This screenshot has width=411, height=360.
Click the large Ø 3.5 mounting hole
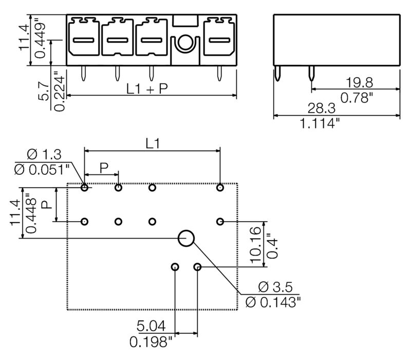pyautogui.click(x=186, y=238)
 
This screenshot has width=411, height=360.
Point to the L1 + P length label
pyautogui.click(x=147, y=88)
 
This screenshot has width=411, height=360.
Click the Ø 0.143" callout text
pyautogui.click(x=273, y=302)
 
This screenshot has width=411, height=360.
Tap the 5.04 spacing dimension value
pyautogui.click(x=151, y=326)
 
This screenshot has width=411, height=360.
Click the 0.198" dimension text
pyautogui.click(x=151, y=341)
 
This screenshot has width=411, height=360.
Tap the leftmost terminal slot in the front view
pyautogui.click(x=84, y=40)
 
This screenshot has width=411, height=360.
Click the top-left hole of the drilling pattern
pyautogui.click(x=84, y=188)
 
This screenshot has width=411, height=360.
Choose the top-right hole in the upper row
pyautogui.click(x=220, y=188)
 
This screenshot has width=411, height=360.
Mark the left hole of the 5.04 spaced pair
pyautogui.click(x=175, y=267)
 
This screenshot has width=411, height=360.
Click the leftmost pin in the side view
pyautogui.click(x=278, y=74)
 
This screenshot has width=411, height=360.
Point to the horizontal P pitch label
pyautogui.click(x=104, y=167)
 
